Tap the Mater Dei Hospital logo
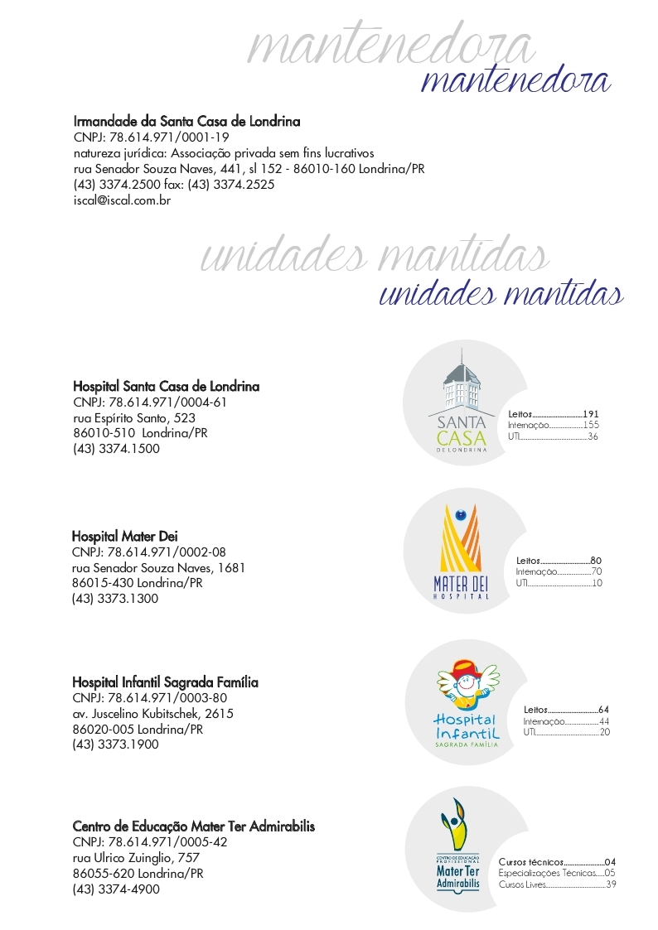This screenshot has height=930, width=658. [462, 552]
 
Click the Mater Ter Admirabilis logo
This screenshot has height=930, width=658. [457, 848]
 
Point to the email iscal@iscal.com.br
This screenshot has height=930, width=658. [122, 200]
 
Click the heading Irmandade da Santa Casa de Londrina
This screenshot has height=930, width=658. [186, 122]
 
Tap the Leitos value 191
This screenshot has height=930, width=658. [591, 414]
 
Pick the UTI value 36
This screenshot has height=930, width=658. [593, 436]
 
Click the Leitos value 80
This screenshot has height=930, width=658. [596, 561]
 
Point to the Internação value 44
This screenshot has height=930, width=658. [604, 721]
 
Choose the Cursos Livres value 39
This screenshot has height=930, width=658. [611, 884]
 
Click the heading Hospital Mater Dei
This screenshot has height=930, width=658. [124, 537]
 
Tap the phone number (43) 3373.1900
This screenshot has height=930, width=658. [115, 744]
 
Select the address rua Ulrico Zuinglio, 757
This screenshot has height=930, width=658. [136, 858]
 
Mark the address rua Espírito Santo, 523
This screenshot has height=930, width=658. [134, 418]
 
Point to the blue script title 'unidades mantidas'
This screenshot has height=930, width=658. [501, 295]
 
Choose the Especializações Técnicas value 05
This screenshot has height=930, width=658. [610, 873]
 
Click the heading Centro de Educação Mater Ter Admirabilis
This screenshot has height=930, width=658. [193, 826]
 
